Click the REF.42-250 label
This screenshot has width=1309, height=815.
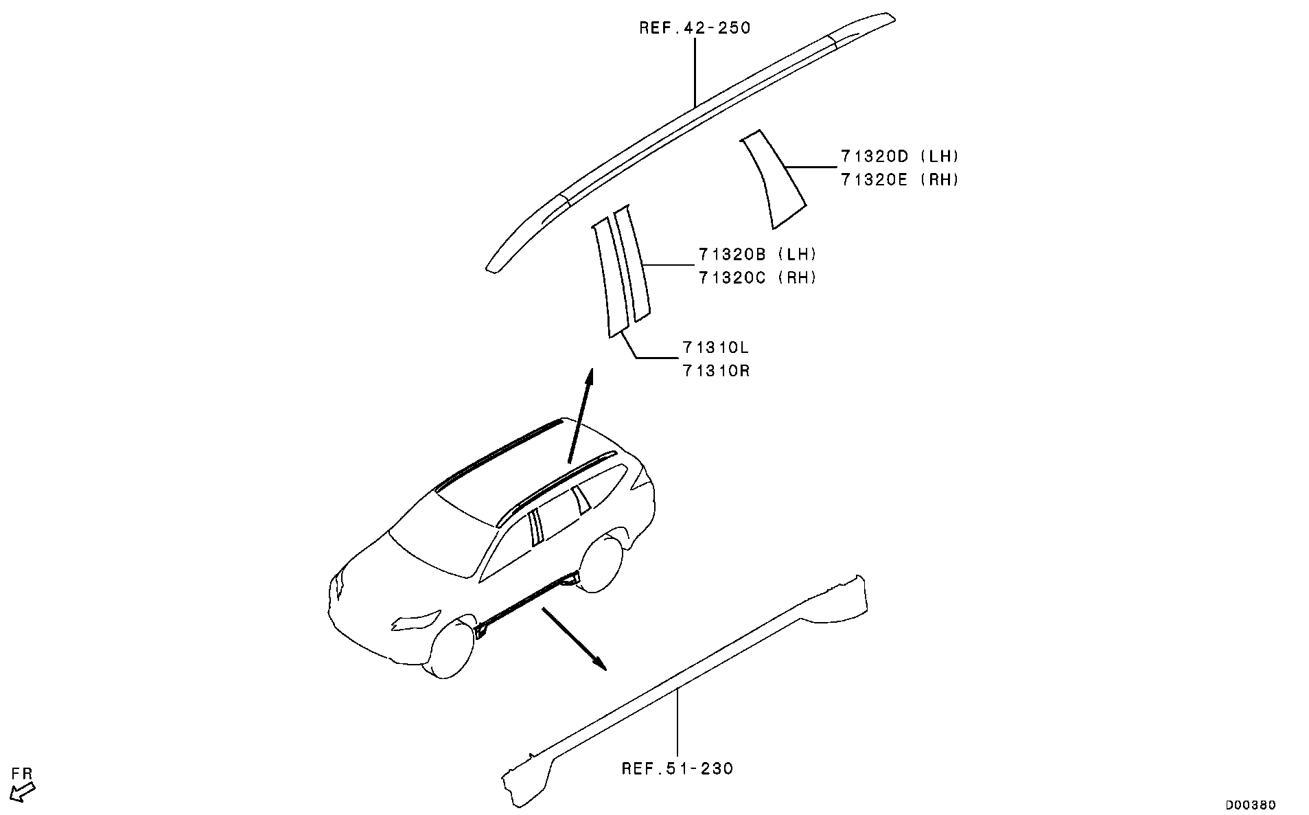pos(695,28)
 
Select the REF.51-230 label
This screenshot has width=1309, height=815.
pos(677,768)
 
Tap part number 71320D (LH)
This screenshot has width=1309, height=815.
pos(899,157)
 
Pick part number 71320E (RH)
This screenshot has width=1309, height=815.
pos(899,180)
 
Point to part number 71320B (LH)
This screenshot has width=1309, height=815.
pos(758,255)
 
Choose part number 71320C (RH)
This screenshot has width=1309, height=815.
pos(758,278)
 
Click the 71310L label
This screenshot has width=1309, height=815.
pos(716,347)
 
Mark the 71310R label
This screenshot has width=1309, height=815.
pos(716,371)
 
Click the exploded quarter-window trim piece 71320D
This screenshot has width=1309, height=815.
pos(773,178)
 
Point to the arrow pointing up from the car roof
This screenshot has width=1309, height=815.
pos(579,416)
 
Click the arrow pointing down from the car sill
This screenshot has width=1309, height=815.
pos(575,638)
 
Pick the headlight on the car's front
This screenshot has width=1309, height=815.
pos(417,620)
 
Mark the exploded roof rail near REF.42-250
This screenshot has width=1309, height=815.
pos(691,141)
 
